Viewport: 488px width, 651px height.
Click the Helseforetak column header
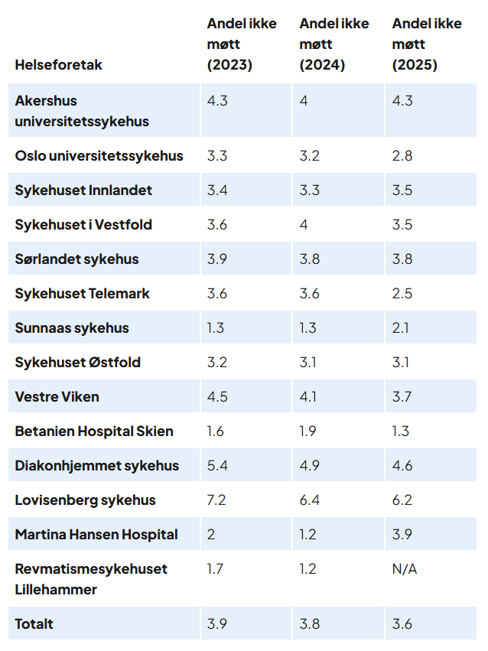pos(58,65)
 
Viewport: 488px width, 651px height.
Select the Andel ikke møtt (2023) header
pos(242,44)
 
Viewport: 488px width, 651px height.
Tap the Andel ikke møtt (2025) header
pos(427,44)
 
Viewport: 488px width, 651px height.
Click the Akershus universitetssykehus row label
pos(82,111)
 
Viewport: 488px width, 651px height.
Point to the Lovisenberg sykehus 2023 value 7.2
pos(216,500)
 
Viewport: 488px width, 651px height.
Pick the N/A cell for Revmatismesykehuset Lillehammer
pos(405,569)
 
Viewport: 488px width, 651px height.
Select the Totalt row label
pos(34,624)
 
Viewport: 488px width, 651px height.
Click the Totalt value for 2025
pos(402,624)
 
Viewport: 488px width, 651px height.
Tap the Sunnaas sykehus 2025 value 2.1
pos(401,328)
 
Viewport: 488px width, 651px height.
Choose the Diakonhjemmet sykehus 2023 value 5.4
pos(217,466)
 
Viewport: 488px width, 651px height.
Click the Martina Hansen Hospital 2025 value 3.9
pos(402,535)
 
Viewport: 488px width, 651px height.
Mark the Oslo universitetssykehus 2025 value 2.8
pos(402,156)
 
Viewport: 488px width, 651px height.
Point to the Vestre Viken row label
pos(57,397)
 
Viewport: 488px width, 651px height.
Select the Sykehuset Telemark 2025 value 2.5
pos(402,294)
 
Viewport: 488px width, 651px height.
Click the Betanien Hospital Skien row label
pos(94,431)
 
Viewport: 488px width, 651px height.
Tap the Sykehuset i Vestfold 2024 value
pos(304,225)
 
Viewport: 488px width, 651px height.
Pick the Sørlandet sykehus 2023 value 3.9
pos(217,259)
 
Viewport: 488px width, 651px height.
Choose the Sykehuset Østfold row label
pos(78,363)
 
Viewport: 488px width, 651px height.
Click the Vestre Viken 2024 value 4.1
pos(309,397)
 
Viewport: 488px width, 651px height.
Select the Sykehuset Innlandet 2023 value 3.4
pos(217,190)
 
